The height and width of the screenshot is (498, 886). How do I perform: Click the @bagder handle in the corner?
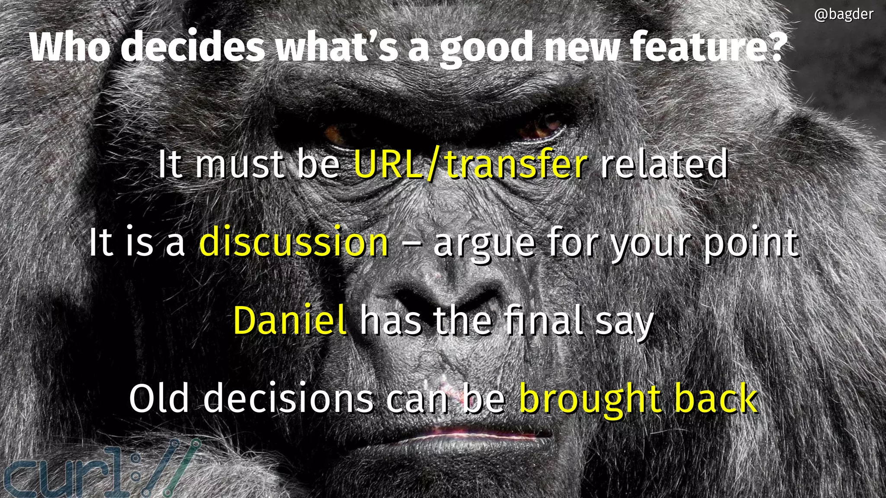pos(843,15)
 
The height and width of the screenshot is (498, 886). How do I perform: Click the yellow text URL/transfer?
pos(471,164)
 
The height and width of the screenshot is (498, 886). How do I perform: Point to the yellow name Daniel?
pos(289,320)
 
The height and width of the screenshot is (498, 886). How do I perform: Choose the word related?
pos(663,164)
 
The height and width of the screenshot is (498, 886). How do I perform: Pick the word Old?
pos(159,399)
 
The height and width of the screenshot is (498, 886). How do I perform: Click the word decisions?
pos(288,399)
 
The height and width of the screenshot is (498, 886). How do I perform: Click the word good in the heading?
pos(486,48)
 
